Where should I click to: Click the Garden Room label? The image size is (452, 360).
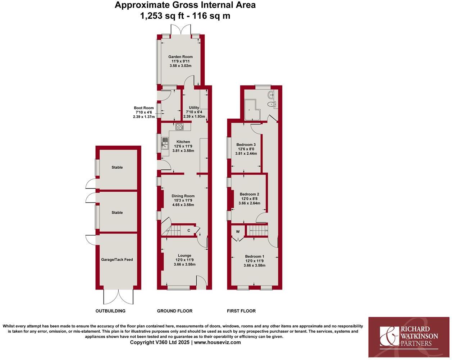tap(181, 56)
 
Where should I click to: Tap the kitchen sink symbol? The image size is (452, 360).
tap(165, 143)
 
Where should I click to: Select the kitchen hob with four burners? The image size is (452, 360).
tap(179, 127)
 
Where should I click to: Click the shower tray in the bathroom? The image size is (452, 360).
tap(251, 110)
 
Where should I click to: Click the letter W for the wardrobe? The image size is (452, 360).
tap(238, 232)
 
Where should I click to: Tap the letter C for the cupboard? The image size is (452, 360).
tap(189, 231)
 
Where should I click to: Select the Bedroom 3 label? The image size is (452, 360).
tap(246, 145)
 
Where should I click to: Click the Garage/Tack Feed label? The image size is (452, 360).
tap(117, 259)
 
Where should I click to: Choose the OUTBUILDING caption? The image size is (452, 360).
tap(110, 311)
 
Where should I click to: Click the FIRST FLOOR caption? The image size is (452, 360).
tap(241, 311)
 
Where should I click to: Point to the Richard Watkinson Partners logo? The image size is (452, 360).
tap(409, 337)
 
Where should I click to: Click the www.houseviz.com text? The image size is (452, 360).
tap(218, 342)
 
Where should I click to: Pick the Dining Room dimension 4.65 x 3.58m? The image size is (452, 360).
tap(183, 205)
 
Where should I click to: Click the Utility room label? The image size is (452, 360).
tap(194, 108)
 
